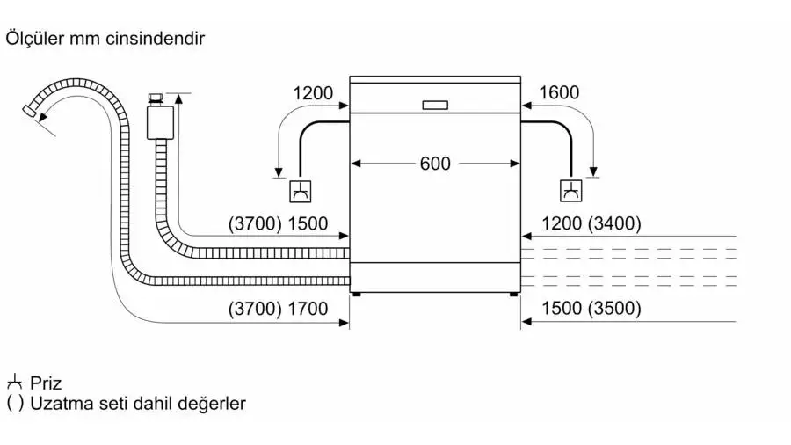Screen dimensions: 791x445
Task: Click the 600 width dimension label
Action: point(435,164)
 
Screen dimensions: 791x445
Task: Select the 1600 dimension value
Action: point(559,92)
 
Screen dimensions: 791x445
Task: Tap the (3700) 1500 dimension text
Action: point(278,223)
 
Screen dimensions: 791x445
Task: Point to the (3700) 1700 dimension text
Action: point(278,309)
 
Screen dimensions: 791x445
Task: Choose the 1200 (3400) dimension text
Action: point(591,223)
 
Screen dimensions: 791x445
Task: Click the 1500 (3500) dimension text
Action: point(591,308)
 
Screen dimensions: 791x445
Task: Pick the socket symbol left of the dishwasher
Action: point(301,191)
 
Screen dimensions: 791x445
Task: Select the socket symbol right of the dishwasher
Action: point(571,191)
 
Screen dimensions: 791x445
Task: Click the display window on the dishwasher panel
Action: point(435,105)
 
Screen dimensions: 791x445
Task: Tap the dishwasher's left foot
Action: point(356,294)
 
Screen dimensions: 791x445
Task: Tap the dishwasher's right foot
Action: point(513,294)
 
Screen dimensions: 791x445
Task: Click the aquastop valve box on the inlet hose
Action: point(161,122)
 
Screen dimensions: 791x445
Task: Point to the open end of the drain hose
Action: point(29,110)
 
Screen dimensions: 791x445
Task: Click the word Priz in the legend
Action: point(46,383)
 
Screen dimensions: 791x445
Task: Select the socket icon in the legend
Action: point(15,382)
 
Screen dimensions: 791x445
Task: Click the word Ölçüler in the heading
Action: point(34,39)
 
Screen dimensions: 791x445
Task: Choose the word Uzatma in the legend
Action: point(55,404)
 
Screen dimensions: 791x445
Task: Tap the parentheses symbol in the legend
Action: point(15,404)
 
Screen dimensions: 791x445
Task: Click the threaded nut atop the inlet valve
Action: point(155,98)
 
